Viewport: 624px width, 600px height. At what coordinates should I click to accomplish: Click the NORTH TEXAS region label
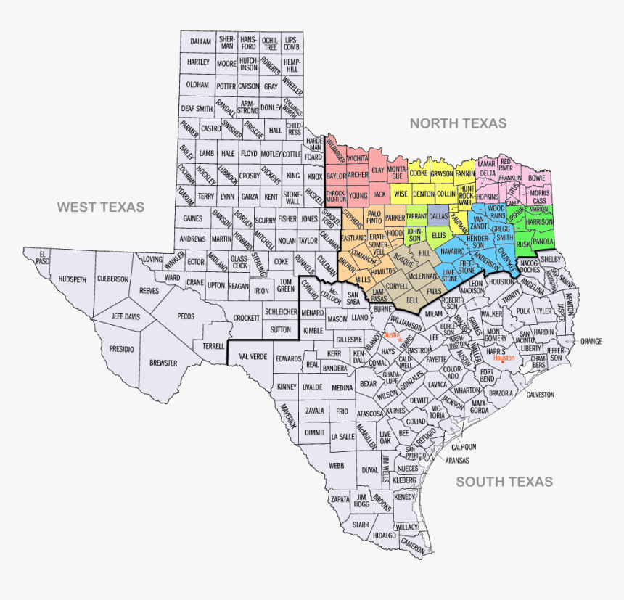458,123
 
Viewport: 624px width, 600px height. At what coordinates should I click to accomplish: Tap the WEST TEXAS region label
101,207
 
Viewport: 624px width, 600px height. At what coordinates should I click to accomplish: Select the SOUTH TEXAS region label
504,482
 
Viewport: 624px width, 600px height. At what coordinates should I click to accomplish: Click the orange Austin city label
392,335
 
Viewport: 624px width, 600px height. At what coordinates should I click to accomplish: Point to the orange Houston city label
504,358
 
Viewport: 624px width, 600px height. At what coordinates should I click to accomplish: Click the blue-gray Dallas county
438,216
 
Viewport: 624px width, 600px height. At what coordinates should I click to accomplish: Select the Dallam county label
200,42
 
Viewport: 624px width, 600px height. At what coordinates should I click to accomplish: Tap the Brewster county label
163,362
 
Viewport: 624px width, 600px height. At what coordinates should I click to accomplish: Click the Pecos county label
186,316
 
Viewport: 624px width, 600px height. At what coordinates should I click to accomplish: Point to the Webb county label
336,465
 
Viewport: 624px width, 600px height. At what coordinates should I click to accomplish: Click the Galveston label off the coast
540,394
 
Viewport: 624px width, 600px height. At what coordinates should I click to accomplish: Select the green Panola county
543,241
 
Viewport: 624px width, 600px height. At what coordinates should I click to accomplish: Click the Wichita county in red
357,157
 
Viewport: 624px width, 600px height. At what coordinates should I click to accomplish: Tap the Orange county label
591,341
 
